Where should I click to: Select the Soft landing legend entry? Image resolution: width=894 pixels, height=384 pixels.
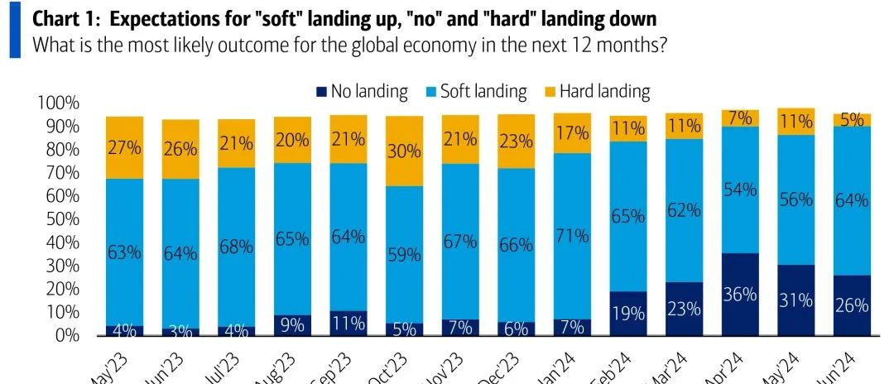483,91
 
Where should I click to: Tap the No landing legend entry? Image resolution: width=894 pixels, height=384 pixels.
369,91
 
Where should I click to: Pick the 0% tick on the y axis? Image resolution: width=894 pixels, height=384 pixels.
66,336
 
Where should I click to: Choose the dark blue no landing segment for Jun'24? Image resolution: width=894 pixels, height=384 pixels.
853,305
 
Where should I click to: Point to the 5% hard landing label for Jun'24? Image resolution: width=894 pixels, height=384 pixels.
853,119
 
